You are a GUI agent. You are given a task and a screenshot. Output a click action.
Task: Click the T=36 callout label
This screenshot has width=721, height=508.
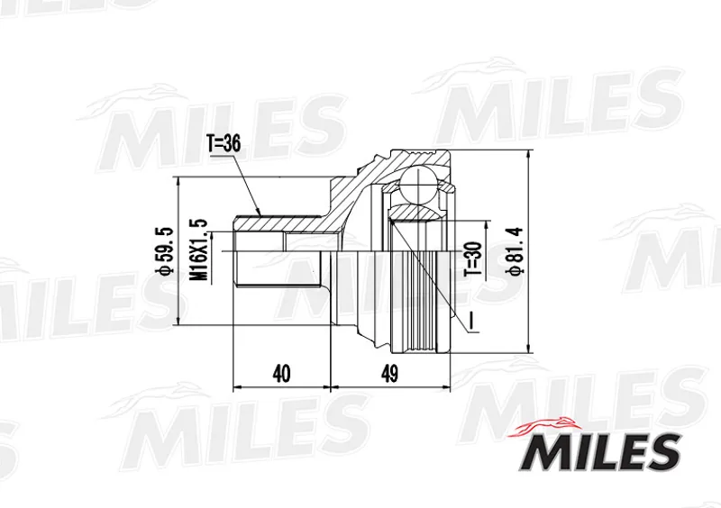point(224,144)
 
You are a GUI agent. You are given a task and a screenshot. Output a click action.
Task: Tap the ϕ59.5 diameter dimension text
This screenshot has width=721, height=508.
point(165,251)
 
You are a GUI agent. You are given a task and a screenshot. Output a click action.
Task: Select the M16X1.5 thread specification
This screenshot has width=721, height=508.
point(198,250)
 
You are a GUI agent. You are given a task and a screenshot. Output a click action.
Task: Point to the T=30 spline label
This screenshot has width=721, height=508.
point(474,259)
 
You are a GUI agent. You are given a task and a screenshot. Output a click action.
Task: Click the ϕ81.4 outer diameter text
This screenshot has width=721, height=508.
point(515,251)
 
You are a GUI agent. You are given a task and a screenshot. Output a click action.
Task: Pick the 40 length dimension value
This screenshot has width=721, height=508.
point(281,374)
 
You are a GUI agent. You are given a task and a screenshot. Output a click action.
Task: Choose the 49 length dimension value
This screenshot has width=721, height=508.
point(389,374)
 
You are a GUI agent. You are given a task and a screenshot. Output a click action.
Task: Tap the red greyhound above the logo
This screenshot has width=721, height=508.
point(543,427)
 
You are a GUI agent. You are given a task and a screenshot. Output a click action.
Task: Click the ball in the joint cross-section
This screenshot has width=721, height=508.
point(418,185)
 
